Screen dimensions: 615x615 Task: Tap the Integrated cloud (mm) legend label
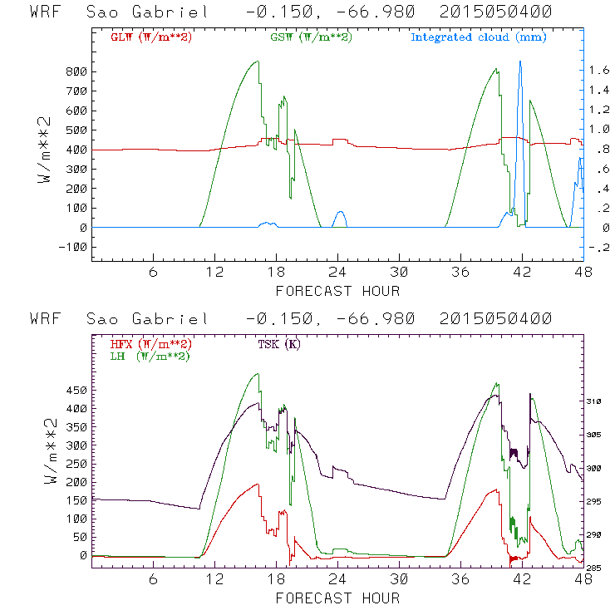point(478,37)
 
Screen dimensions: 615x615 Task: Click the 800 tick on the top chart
point(77,71)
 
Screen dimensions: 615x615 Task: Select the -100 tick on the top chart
point(74,247)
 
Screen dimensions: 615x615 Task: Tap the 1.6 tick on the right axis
point(599,71)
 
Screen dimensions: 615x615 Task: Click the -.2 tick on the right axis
point(599,247)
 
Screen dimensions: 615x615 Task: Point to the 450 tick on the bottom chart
point(77,390)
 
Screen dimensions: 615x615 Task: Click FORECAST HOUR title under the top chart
point(337,291)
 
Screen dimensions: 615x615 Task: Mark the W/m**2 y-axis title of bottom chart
point(49,469)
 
